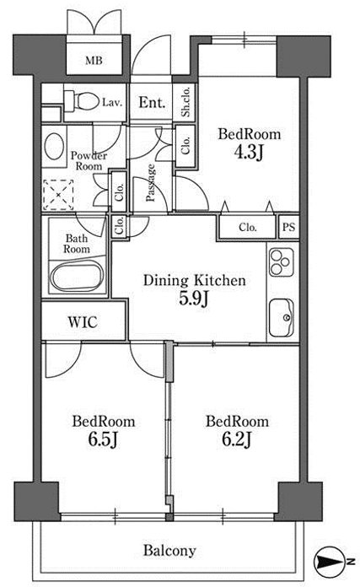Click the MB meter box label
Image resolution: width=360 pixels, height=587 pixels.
(x=94, y=60)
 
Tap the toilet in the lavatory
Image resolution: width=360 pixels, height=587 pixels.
(x=81, y=100)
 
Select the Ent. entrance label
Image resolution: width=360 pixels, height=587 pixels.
(x=152, y=102)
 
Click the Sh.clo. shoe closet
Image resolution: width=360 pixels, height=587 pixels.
(x=185, y=101)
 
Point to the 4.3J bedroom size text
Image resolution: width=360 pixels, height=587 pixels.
(x=249, y=152)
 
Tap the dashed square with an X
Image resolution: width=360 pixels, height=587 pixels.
(x=58, y=195)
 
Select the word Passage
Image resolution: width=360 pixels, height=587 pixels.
(x=151, y=183)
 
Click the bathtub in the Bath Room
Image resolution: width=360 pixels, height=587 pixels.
(x=77, y=277)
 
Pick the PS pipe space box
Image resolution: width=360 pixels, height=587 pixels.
(x=289, y=227)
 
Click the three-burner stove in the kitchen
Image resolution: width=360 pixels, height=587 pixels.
(x=281, y=262)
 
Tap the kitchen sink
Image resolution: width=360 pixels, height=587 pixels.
(x=281, y=317)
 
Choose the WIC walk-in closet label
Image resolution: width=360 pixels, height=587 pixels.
(x=83, y=322)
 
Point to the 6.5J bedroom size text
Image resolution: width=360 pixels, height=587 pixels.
(x=104, y=439)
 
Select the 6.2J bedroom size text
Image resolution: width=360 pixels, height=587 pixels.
(x=237, y=439)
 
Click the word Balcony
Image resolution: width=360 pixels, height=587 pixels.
(x=169, y=551)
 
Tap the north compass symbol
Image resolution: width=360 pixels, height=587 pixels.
(x=330, y=561)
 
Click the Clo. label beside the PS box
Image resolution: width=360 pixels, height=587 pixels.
(x=248, y=227)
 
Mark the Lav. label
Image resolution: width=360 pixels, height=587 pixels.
(x=112, y=103)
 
